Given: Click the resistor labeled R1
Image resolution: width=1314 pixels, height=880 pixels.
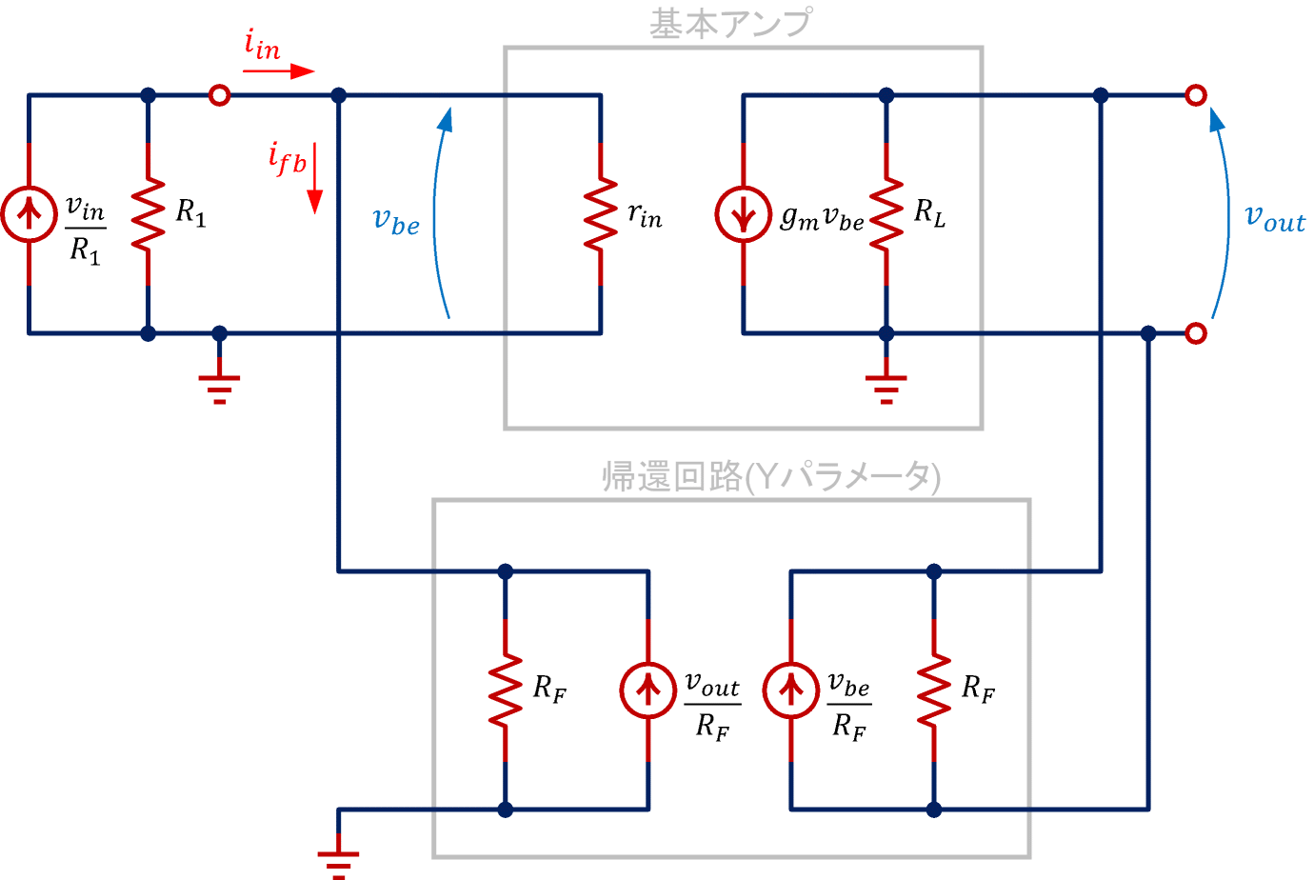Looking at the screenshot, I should pos(148,214).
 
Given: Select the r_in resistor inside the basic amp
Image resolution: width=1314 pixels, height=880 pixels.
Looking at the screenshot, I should pos(600,214).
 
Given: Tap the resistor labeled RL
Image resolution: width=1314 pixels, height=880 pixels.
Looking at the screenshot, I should pos(886,214).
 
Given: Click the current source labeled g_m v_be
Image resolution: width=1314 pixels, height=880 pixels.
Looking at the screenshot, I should pos(743,214).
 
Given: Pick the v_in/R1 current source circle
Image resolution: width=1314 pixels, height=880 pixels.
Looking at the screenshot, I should pos(29,214).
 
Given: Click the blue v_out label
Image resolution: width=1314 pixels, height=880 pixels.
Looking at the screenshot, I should pos(1275,219).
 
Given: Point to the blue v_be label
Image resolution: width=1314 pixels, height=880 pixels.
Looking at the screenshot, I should pos(395,221).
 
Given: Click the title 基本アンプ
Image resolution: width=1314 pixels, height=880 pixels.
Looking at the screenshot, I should pos(731,24).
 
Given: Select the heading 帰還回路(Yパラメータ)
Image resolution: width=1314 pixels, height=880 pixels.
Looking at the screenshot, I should pos(771,476).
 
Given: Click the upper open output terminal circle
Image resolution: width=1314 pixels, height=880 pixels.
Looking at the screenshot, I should pos(1196,95).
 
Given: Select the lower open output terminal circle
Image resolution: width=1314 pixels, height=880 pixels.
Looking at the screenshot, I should pos(1196,333).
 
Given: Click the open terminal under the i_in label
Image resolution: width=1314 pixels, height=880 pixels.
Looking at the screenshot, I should pos(219,95).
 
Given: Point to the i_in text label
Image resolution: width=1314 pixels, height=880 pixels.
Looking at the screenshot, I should pos(262,45).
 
